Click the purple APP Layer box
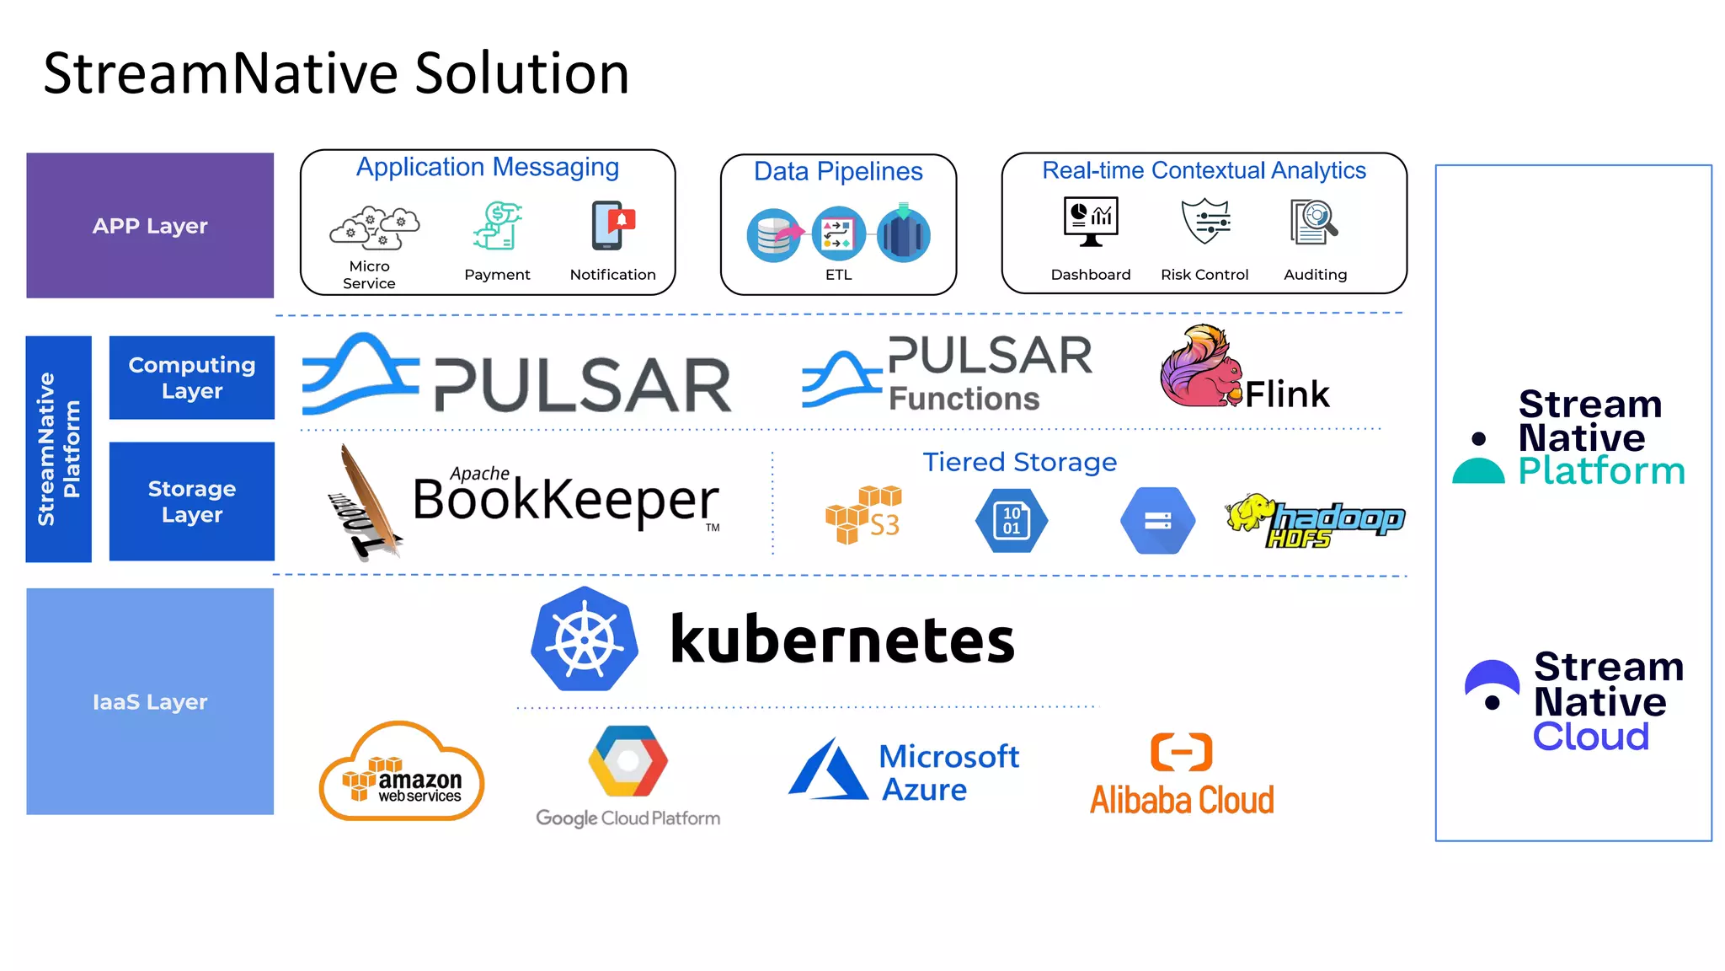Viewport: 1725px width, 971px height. pos(150,225)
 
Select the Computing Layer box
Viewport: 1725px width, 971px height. pos(192,378)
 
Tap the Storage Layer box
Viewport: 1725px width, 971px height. pos(192,502)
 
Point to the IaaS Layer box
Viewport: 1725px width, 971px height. pos(150,701)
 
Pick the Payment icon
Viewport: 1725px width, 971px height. pos(498,226)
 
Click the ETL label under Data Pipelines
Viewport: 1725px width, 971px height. pos(838,275)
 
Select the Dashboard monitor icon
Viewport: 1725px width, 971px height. pos(1091,222)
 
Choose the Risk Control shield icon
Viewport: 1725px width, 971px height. pos(1205,222)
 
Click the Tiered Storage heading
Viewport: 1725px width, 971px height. pos(1019,462)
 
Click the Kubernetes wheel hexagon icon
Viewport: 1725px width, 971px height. pos(585,640)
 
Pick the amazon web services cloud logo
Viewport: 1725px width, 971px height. pos(402,771)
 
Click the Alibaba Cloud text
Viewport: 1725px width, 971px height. pos(1182,800)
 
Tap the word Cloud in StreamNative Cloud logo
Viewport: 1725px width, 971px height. pos(1590,737)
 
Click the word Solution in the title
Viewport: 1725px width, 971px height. pos(521,73)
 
